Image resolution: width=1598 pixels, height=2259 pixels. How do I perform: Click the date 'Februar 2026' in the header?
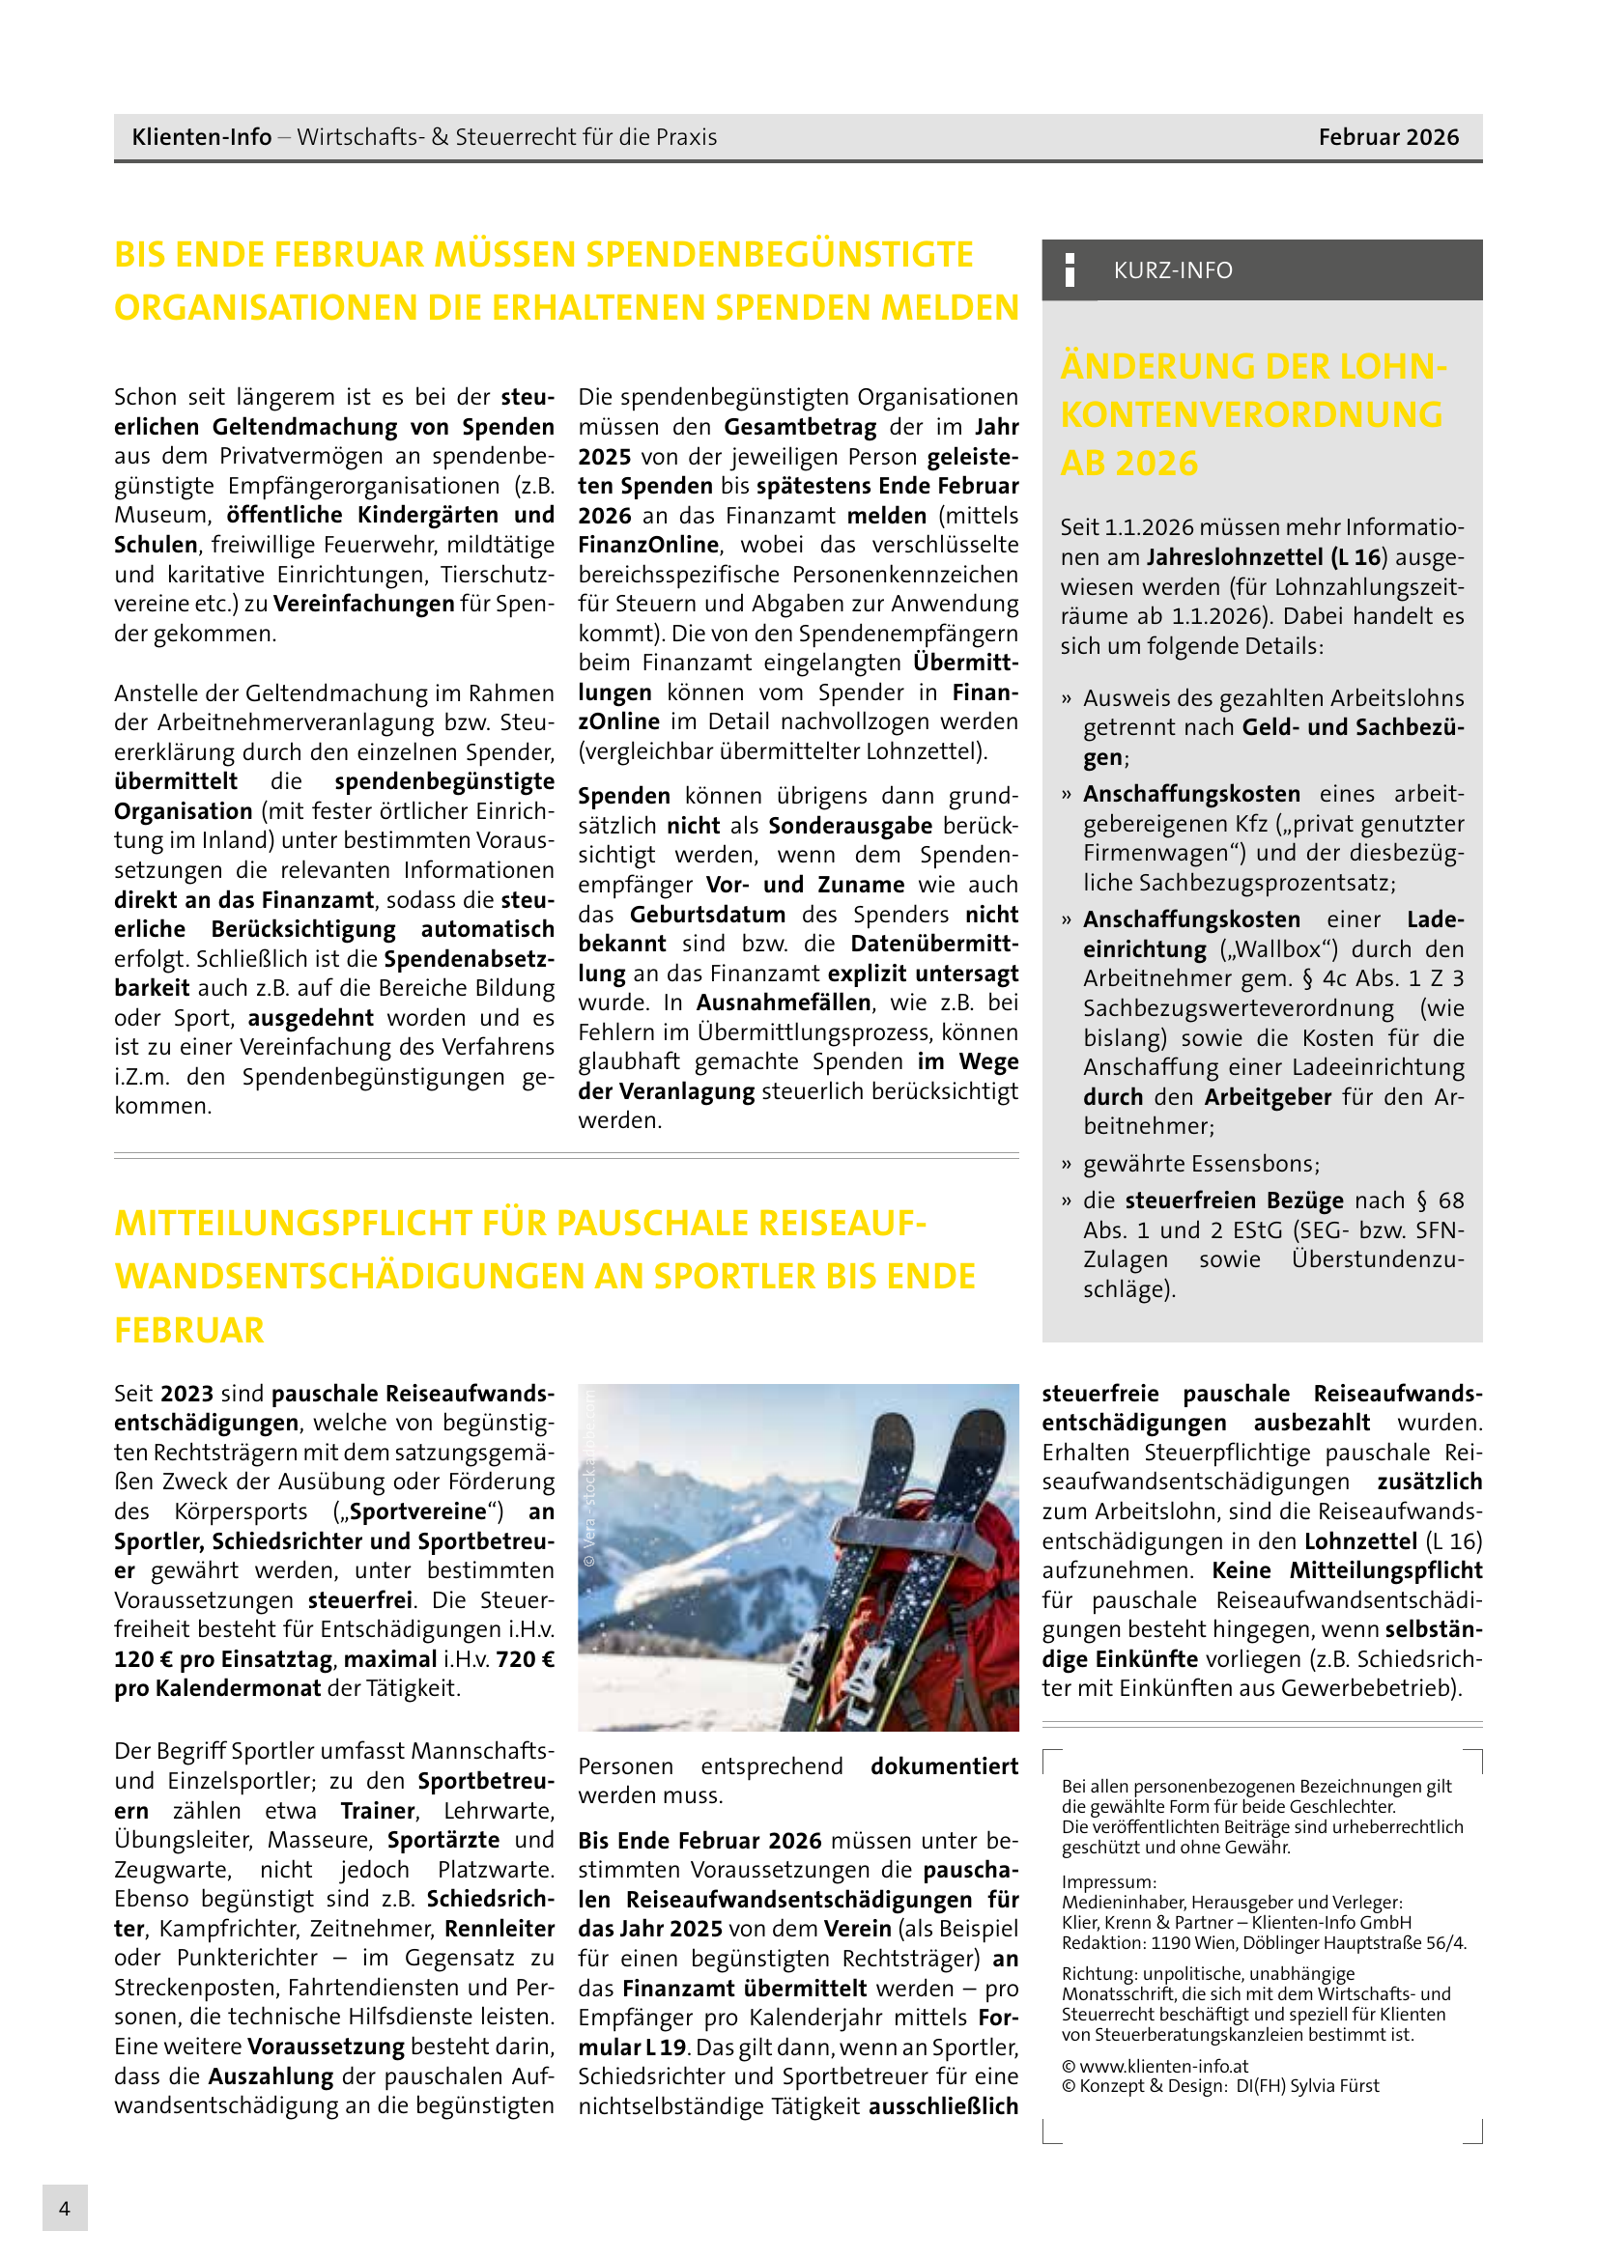point(1387,137)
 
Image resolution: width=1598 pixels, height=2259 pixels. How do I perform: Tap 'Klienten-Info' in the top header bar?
point(202,137)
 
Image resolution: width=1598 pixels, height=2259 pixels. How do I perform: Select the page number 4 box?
point(65,2208)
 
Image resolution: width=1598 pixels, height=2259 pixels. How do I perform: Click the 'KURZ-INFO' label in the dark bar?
point(1172,269)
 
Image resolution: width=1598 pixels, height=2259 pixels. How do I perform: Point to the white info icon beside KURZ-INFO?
point(1070,269)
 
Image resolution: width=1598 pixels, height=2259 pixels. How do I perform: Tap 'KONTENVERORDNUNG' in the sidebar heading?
point(1250,414)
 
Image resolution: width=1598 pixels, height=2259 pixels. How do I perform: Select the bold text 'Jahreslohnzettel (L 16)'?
point(1267,557)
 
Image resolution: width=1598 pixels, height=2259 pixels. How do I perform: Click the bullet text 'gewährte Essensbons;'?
point(1201,1163)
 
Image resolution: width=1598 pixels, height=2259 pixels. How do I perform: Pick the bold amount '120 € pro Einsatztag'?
point(223,1659)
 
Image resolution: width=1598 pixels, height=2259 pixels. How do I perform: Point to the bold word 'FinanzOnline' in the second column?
point(648,545)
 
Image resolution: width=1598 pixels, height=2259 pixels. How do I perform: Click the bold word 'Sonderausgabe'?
point(850,826)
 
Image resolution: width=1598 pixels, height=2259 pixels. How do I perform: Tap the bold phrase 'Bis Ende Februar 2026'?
point(699,1841)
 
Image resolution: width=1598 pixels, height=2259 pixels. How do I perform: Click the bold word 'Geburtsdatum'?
point(707,914)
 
